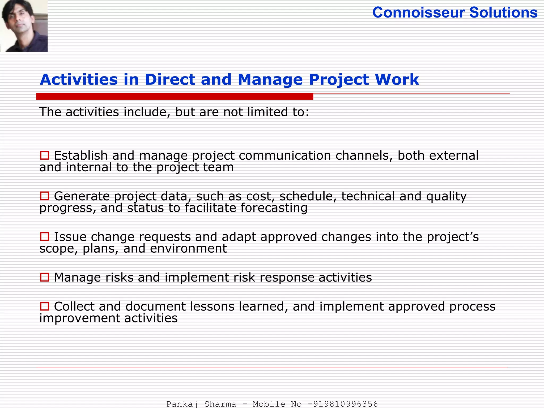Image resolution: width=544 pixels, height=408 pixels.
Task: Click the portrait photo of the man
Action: click(24, 26)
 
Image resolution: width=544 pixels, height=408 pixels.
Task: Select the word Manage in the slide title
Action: click(270, 79)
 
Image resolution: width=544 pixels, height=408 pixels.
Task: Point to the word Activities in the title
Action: click(79, 79)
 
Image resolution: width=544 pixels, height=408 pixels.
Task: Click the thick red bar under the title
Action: click(175, 97)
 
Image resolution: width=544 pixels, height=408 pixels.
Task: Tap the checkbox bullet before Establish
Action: click(44, 155)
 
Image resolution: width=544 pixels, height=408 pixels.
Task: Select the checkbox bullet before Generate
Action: click(44, 196)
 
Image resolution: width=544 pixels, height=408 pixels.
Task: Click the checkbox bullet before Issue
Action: click(44, 237)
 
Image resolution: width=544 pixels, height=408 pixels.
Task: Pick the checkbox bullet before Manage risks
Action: click(44, 277)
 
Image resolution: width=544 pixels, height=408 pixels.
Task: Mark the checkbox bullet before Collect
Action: click(44, 306)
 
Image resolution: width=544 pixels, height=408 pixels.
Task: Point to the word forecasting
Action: click(274, 208)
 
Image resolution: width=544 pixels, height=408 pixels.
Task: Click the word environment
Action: click(188, 248)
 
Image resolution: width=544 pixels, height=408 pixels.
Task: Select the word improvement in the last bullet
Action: click(79, 318)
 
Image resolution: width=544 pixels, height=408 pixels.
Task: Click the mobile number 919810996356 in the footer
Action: click(345, 404)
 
